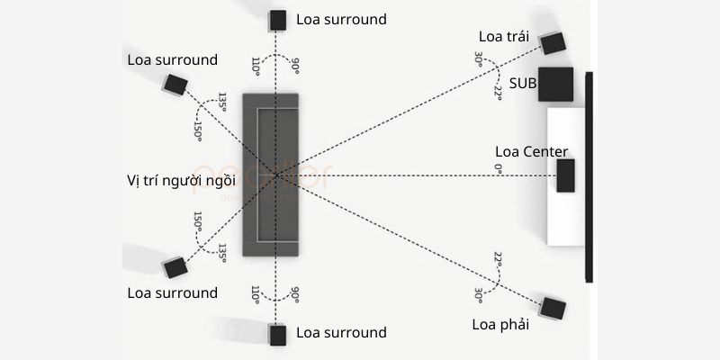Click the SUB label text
pyautogui.click(x=524, y=83)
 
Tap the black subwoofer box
pyautogui.click(x=556, y=84)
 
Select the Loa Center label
pyautogui.click(x=532, y=151)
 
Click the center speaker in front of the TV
pyautogui.click(x=565, y=175)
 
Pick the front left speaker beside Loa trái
pyautogui.click(x=552, y=42)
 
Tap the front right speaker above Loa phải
pyautogui.click(x=552, y=308)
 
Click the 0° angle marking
pyautogui.click(x=497, y=168)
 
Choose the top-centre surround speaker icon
pyautogui.click(x=277, y=20)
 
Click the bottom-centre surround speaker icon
pyautogui.click(x=277, y=334)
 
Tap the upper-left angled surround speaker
pyautogui.click(x=175, y=85)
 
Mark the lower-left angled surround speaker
pyautogui.click(x=175, y=267)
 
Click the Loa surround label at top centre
pyautogui.click(x=341, y=19)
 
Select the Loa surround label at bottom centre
pyautogui.click(x=341, y=333)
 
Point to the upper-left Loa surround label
pyautogui.click(x=172, y=60)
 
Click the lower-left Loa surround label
pyautogui.click(x=172, y=292)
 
